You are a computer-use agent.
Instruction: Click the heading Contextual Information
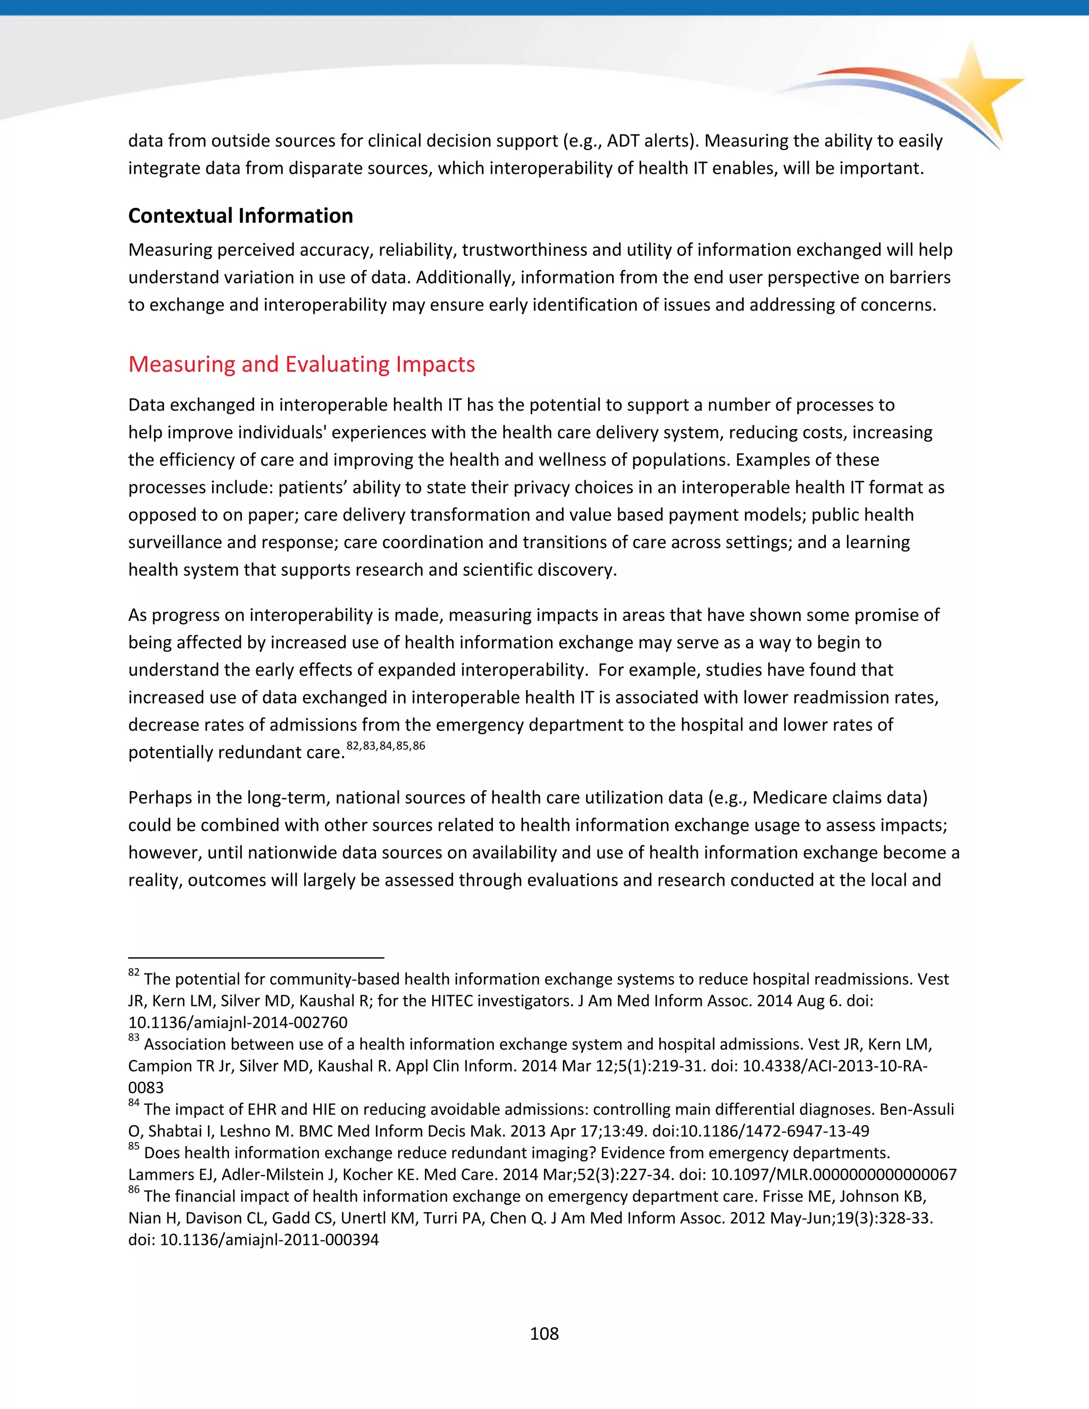point(240,215)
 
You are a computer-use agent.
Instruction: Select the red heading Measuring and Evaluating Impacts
point(301,365)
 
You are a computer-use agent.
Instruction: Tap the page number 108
point(544,1333)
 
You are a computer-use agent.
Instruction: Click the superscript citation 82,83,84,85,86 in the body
point(386,746)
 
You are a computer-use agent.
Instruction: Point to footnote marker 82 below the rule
point(133,973)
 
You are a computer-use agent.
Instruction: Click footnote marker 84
point(133,1103)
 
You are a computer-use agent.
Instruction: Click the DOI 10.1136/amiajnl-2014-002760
point(237,1022)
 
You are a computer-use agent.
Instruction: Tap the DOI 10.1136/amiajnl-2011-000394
point(269,1239)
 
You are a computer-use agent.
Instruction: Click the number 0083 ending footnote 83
point(146,1088)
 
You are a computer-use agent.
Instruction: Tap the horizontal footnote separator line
point(256,958)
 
